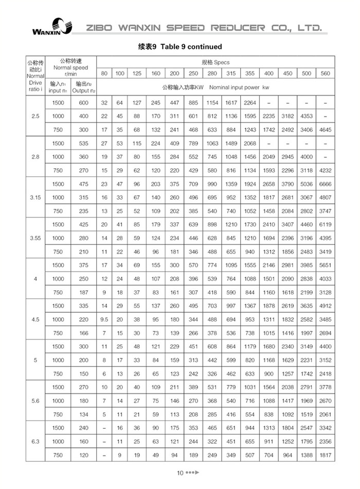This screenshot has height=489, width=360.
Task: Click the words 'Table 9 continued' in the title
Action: coord(191,46)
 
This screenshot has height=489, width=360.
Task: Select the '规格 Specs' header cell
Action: coord(212,62)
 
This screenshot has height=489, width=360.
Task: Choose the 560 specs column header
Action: coord(325,74)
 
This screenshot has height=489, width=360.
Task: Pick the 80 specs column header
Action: coord(104,74)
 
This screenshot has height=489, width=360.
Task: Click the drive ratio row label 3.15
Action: coord(35,197)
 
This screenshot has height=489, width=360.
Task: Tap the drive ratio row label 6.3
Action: coord(35,441)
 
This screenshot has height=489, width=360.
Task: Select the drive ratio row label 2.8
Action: coord(35,156)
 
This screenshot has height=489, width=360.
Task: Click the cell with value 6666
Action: coord(325,184)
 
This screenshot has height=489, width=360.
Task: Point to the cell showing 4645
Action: coord(325,130)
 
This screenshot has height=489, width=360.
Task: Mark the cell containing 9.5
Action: coord(104,319)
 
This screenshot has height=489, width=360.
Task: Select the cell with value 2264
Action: coord(250,102)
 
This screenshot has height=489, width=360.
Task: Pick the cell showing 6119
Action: coord(325,224)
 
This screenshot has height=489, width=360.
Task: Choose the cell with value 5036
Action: coord(307,184)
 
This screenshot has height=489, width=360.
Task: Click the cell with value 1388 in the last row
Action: coord(307,455)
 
